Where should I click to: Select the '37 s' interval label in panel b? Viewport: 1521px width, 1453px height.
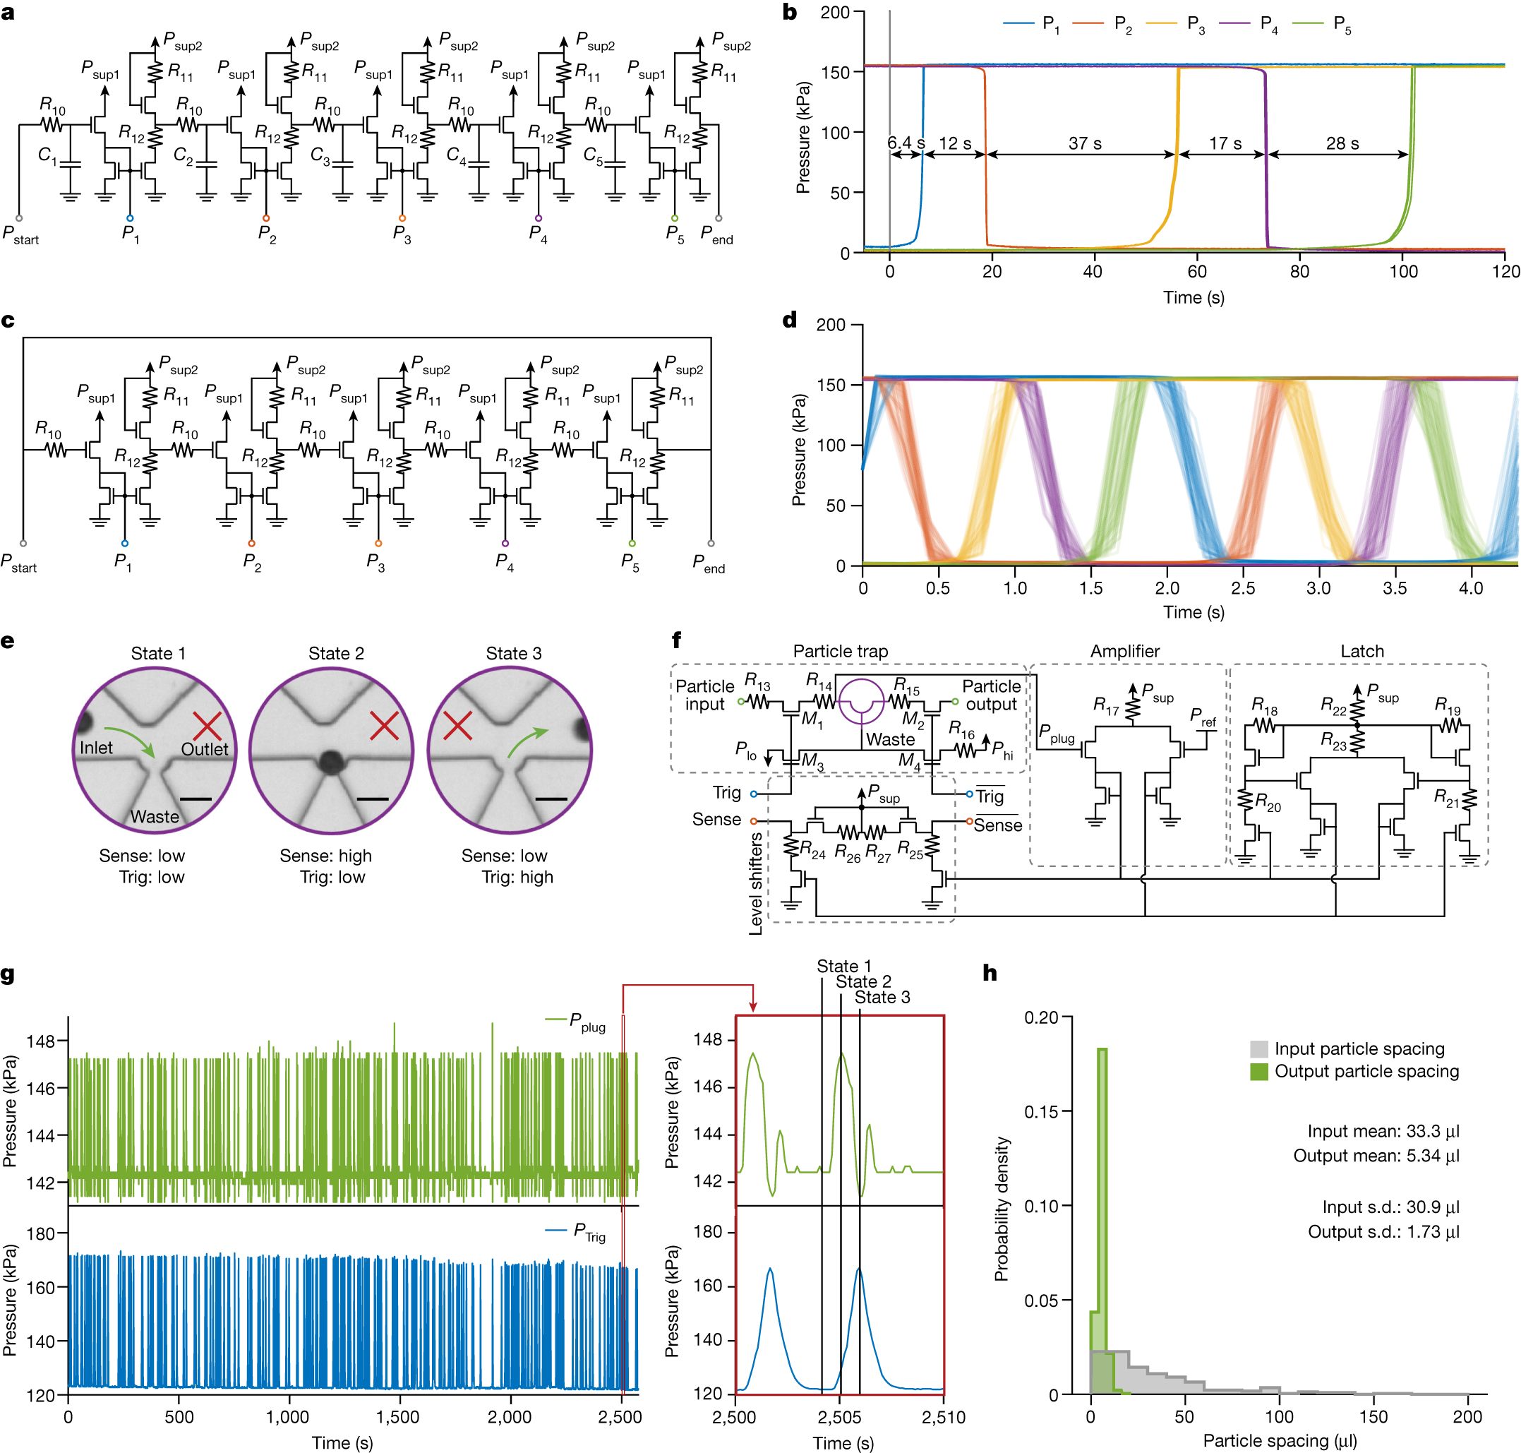1084,143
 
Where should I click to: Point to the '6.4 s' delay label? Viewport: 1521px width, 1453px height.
906,143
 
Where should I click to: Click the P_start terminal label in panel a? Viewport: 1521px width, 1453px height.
20,234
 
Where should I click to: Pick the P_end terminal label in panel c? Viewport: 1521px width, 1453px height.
708,563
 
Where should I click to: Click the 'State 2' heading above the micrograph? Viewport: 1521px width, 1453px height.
335,653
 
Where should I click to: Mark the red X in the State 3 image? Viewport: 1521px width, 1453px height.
457,726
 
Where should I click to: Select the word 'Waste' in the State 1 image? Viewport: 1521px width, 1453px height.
154,816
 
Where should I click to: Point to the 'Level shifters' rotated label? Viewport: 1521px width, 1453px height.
756,883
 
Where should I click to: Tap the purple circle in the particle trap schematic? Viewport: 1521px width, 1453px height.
861,702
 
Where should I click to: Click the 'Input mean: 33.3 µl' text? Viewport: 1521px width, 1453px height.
1383,1131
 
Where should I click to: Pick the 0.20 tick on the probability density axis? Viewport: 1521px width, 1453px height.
1041,1017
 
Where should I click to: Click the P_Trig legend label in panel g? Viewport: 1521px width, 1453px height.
589,1231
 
